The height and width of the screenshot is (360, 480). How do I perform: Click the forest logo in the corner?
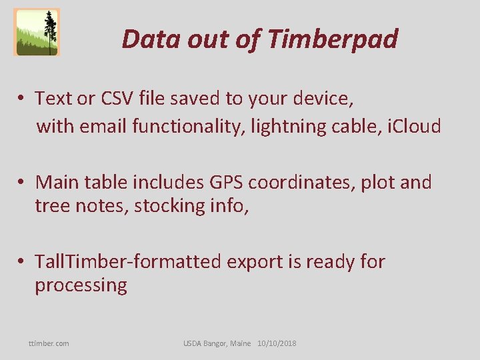tap(37, 32)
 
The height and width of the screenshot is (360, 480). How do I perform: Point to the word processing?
tap(81, 285)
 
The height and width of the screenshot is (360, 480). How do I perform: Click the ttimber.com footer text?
tap(49, 343)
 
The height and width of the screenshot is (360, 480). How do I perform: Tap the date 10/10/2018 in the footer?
tap(277, 343)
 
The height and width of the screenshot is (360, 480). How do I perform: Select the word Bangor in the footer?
tap(220, 343)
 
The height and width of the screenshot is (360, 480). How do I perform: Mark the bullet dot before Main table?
tap(22, 183)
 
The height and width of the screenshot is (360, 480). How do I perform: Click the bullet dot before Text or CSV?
tap(22, 99)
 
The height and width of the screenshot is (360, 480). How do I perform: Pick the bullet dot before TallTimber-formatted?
tap(22, 262)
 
